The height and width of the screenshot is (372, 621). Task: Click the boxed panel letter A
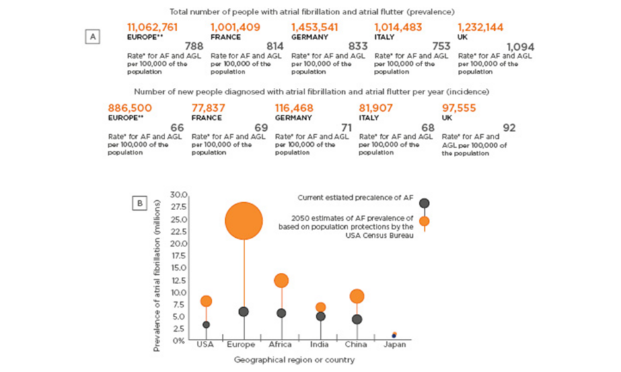pos(93,37)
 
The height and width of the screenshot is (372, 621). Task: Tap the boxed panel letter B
pos(140,204)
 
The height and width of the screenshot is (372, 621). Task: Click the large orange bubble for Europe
pos(244,221)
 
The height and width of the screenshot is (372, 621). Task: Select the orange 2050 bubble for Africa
pos(281,280)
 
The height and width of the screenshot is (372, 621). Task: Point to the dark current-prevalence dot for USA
pos(206,324)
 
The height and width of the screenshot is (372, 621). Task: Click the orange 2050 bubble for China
pos(357,296)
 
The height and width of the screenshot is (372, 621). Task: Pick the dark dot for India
pos(320,316)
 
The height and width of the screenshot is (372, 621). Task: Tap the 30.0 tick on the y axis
pos(179,195)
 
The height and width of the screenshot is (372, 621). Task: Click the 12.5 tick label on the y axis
pos(179,279)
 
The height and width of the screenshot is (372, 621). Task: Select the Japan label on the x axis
pos(394,344)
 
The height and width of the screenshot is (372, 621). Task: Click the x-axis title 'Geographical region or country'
pos(293,360)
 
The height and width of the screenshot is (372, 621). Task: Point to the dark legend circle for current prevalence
pos(425,203)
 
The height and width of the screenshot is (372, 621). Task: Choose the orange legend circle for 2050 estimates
pos(425,221)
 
